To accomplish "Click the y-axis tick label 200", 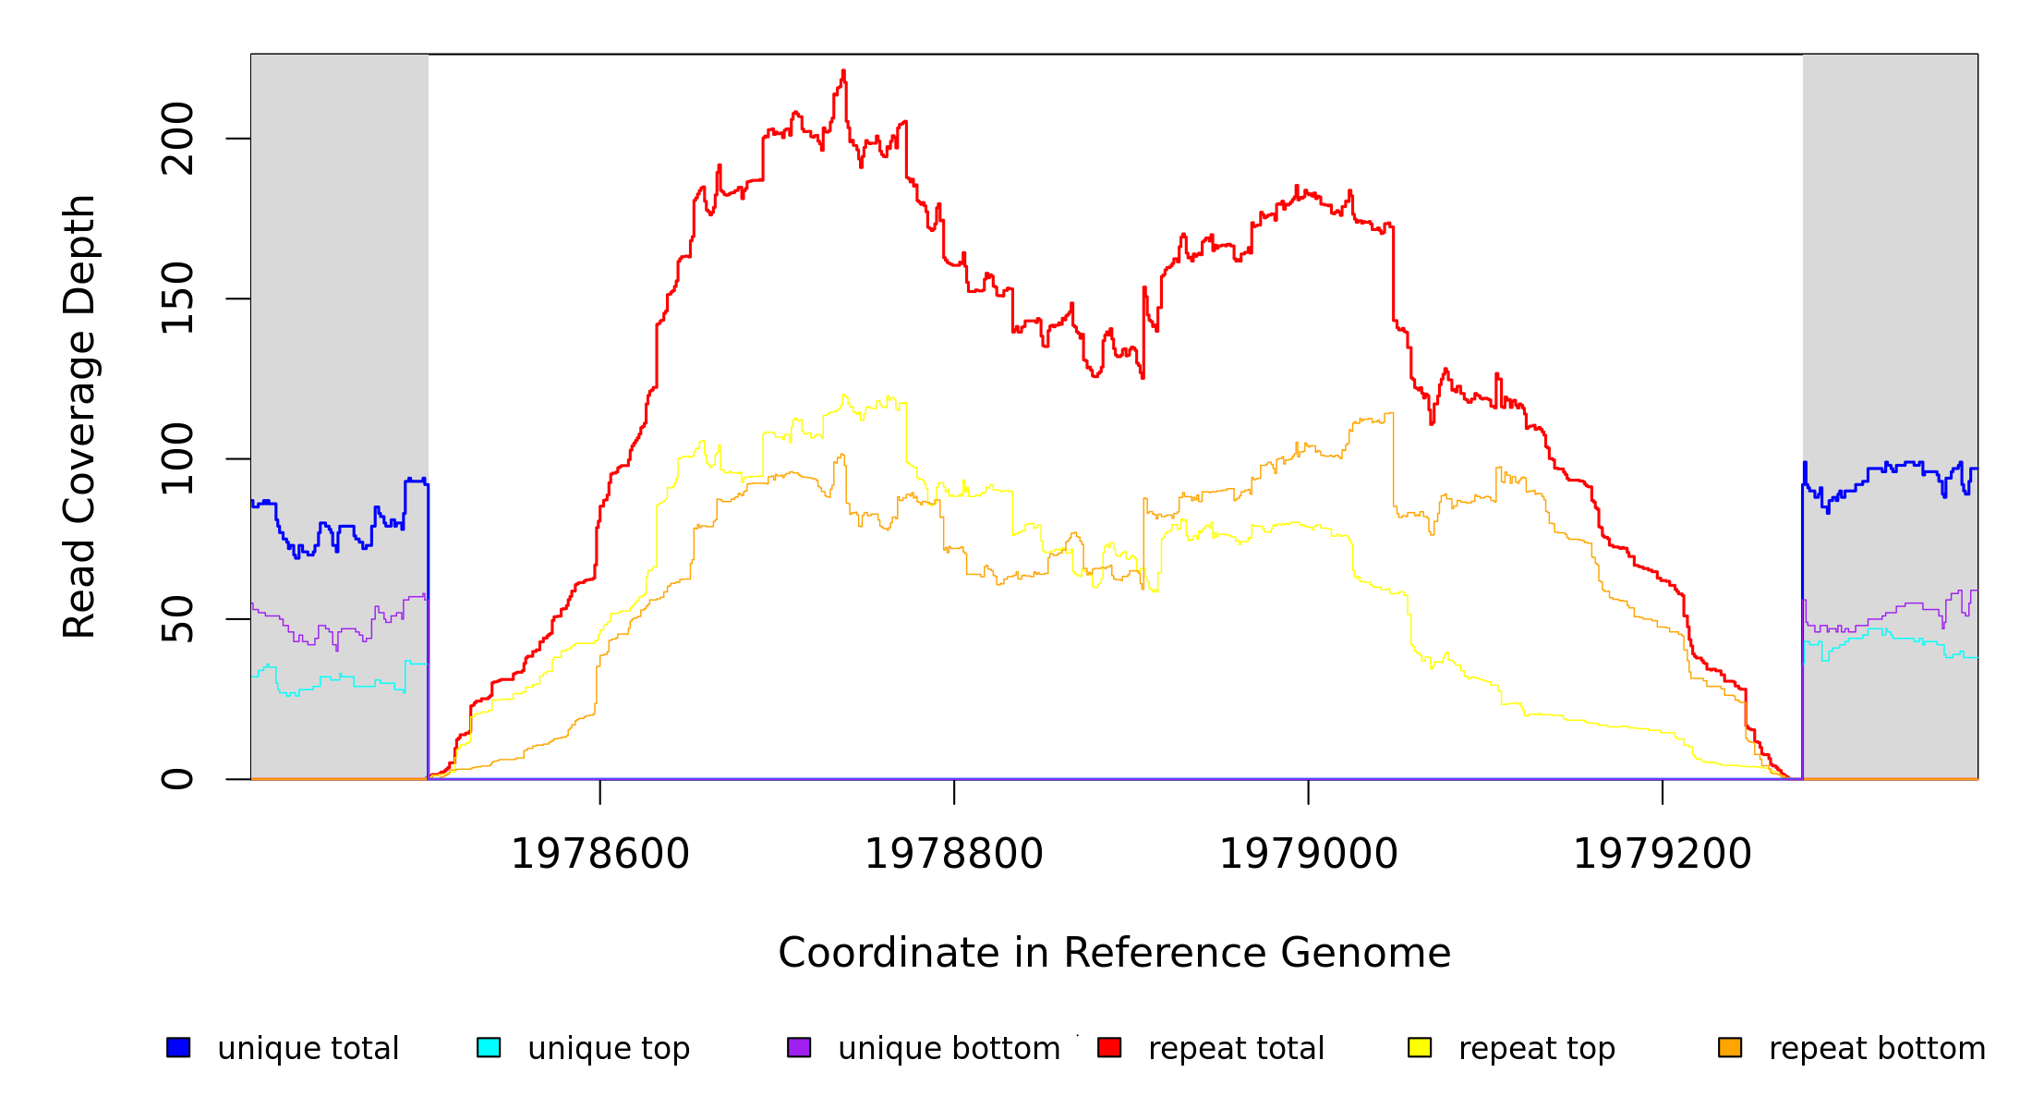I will (177, 139).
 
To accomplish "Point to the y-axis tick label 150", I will (177, 299).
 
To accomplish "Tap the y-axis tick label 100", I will (177, 459).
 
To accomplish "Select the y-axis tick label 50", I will (177, 619).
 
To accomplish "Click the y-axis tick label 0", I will (177, 779).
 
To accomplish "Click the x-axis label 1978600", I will (600, 854).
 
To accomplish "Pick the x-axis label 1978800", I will (954, 854).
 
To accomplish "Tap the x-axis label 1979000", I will (1309, 854).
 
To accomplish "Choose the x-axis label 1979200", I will (1663, 854).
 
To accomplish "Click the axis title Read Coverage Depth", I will (79, 416).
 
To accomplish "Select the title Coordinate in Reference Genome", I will (1114, 953).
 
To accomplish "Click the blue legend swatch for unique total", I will (178, 1047).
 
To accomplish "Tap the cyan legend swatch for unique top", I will (489, 1047).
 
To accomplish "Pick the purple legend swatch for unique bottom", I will (799, 1047).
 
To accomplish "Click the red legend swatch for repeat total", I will (1109, 1047).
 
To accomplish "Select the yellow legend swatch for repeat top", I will (1420, 1047).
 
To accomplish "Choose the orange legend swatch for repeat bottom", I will (1730, 1047).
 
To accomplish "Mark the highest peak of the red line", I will (843, 71).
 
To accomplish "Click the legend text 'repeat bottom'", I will (1877, 1049).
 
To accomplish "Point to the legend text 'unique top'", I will (609, 1049).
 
